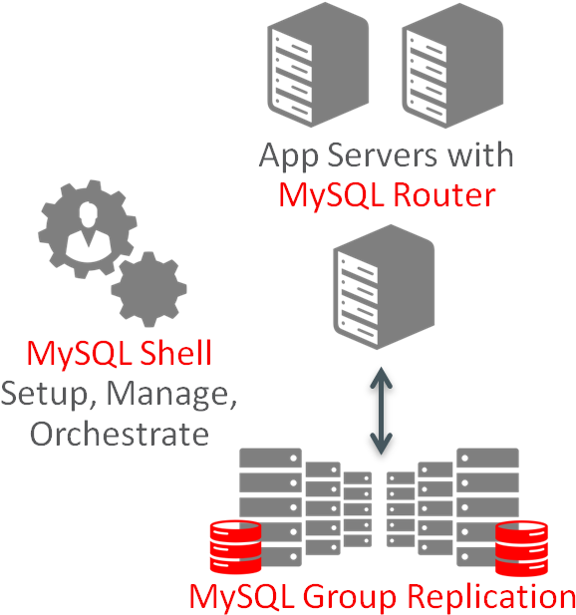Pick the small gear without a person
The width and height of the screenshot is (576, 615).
point(148,289)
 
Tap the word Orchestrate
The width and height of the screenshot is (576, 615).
point(120,434)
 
